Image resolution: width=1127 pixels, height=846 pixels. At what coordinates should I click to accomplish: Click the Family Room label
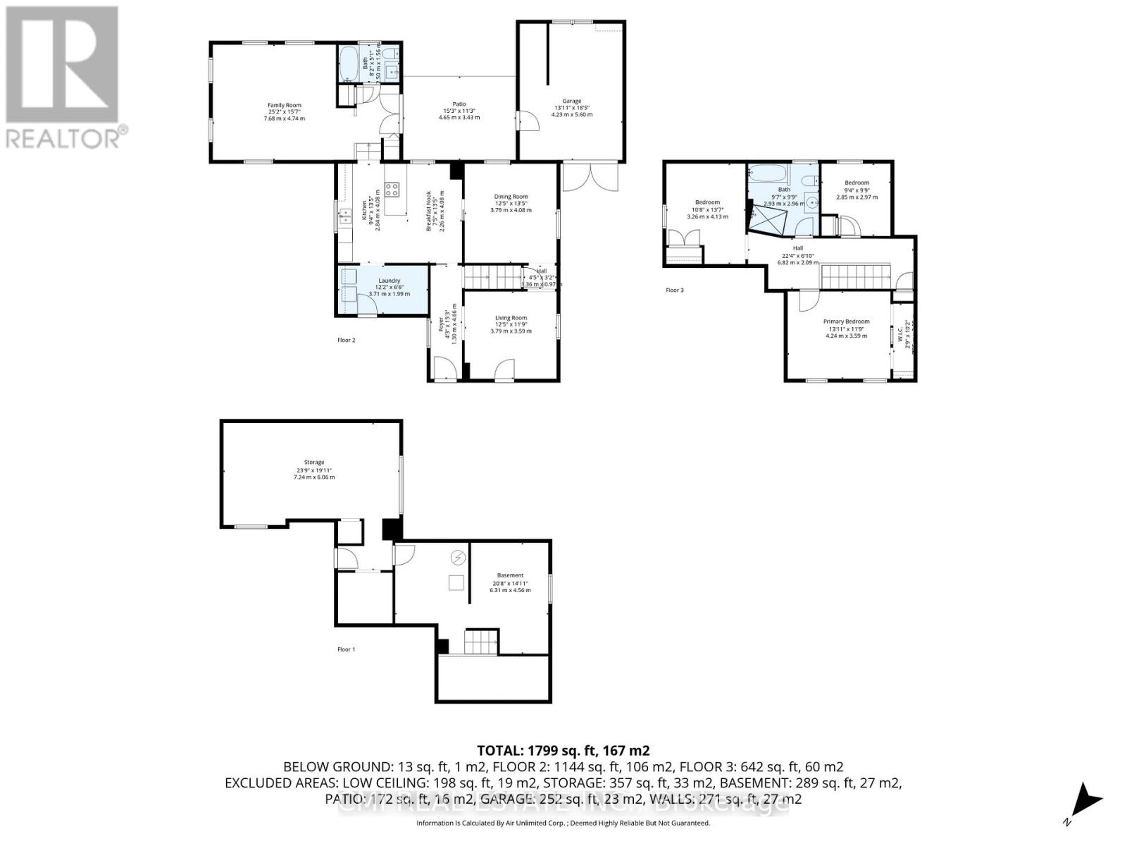point(284,105)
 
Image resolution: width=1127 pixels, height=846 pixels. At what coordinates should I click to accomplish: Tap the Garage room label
point(571,101)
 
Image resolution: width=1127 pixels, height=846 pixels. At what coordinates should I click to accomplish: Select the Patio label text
point(459,104)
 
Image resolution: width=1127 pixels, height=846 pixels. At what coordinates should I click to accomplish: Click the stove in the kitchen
point(392,189)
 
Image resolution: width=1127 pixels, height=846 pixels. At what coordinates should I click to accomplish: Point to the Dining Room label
point(511,197)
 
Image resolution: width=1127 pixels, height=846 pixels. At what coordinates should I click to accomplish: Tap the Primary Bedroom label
point(846,321)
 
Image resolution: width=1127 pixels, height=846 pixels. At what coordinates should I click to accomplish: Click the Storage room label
point(313,462)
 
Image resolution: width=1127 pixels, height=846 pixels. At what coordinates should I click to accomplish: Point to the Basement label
point(510,575)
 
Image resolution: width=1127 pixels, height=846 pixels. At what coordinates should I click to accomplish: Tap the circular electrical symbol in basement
point(459,557)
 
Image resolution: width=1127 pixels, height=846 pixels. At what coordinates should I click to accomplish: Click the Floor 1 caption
point(345,649)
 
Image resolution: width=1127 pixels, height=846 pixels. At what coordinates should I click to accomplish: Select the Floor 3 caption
point(674,290)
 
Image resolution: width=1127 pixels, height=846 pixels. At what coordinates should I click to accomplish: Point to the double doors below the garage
point(590,177)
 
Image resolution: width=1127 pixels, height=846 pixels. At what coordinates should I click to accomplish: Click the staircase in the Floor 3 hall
point(857,276)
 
